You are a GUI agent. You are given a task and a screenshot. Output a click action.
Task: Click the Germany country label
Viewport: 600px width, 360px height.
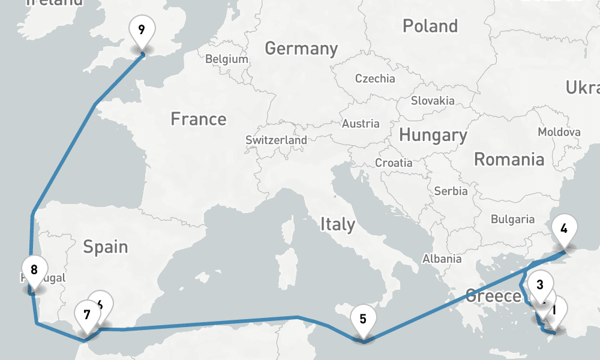[301, 48]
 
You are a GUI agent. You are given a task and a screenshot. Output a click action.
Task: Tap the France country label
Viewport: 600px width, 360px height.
[199, 119]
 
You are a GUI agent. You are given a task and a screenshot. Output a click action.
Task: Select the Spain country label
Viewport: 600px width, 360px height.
[106, 247]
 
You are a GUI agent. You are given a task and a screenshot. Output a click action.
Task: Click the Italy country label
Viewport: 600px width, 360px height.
[337, 224]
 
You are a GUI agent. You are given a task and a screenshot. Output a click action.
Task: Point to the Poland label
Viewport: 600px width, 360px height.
[430, 26]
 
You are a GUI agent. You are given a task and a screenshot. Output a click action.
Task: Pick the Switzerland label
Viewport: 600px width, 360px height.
[276, 140]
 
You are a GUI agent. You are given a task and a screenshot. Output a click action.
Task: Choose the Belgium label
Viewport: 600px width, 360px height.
[227, 59]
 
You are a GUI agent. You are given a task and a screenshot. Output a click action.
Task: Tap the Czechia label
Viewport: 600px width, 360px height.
[375, 79]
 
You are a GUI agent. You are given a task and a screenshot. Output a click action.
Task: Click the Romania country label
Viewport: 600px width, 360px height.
[509, 159]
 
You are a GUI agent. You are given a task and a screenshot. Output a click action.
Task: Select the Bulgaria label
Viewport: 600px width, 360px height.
[512, 220]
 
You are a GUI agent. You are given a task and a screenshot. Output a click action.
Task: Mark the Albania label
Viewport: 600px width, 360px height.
[442, 259]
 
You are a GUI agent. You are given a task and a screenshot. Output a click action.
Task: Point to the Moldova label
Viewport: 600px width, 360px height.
[559, 132]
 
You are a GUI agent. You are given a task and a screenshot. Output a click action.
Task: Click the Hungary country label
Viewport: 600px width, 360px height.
[433, 135]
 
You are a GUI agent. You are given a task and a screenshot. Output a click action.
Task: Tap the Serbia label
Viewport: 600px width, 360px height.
[451, 191]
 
